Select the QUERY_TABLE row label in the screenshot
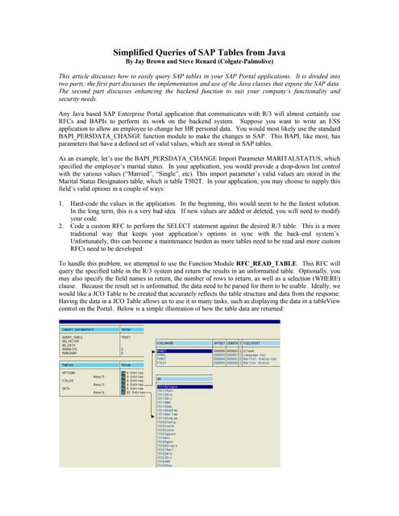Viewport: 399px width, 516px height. coord(73,339)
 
